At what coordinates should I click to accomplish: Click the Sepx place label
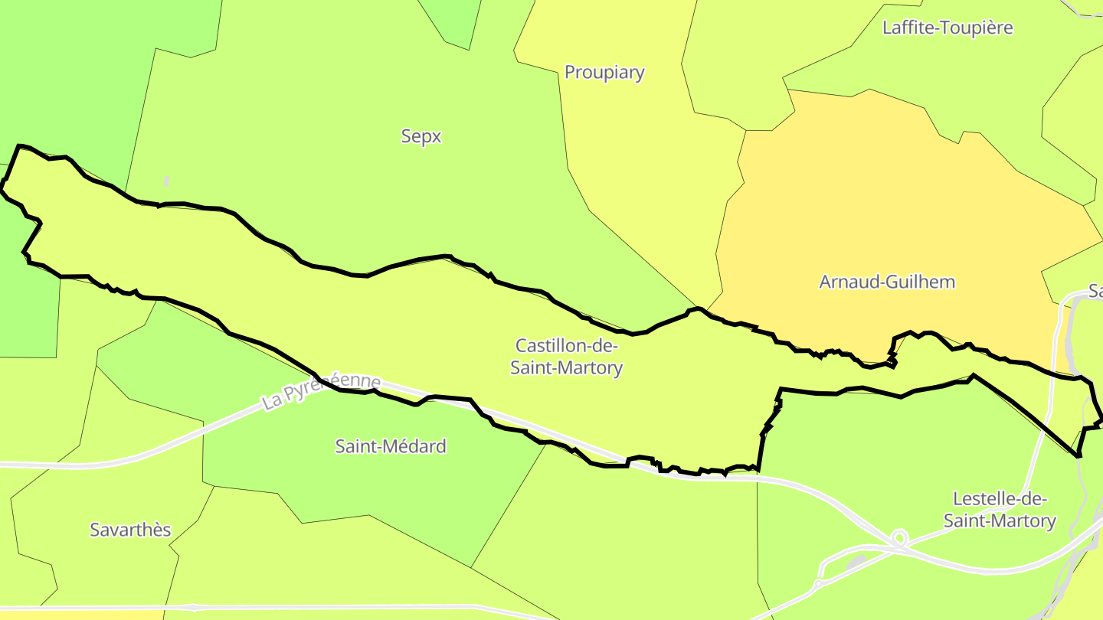(421, 136)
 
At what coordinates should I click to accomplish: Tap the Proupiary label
(604, 72)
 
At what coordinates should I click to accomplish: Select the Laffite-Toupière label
(948, 28)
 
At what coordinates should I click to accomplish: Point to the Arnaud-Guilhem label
(887, 282)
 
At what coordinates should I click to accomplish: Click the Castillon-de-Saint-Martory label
(566, 357)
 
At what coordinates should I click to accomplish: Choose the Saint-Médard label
(391, 446)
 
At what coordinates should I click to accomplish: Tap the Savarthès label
(130, 530)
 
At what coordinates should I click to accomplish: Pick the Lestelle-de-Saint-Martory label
(1000, 510)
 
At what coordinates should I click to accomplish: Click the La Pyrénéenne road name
(321, 391)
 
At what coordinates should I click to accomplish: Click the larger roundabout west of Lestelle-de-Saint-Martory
(900, 538)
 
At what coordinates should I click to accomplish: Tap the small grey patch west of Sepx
(166, 181)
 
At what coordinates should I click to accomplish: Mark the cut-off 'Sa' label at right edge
(1095, 292)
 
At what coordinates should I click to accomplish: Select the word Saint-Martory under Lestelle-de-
(1000, 521)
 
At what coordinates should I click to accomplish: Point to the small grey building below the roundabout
(856, 562)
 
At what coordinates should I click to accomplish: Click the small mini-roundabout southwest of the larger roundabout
(818, 583)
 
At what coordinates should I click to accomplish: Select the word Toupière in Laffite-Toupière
(981, 28)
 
